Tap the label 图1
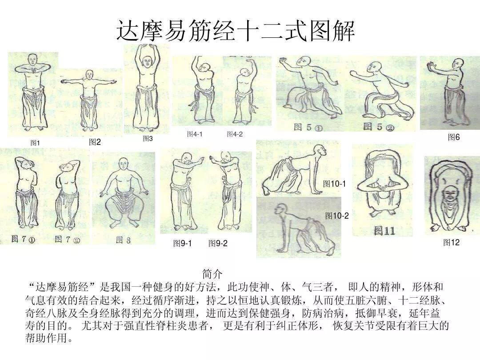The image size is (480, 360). pos(35,143)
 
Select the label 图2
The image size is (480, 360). pos(95,142)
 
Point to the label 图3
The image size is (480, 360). pos(148,139)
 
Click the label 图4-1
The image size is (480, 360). pos(195,134)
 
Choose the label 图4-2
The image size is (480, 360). pos(235,134)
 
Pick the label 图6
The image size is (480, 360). pos(454,137)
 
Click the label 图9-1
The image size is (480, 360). pos(182,243)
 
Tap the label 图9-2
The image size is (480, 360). pos(218,243)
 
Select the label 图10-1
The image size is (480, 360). pos(334,184)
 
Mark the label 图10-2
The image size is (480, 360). pos(337,216)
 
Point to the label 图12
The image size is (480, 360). pos(451,242)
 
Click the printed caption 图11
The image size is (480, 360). pos(384,231)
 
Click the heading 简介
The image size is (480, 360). pos(212,273)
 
